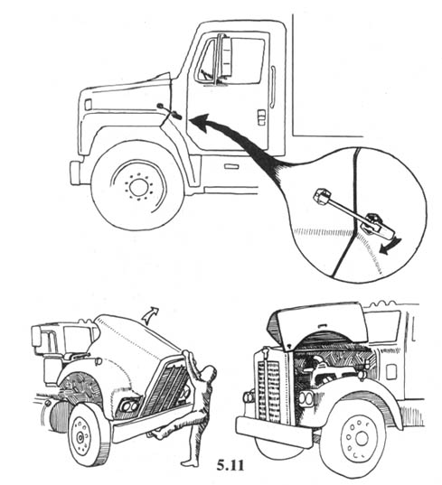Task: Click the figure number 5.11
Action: click(230, 465)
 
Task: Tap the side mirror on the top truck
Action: click(225, 57)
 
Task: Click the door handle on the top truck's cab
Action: click(261, 117)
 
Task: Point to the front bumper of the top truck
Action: click(76, 173)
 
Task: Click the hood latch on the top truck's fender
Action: click(170, 111)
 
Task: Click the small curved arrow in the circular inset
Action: click(390, 247)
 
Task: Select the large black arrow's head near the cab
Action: click(202, 123)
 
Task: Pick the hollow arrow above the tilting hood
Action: click(150, 314)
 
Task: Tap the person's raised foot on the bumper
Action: click(157, 434)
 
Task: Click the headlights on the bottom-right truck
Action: click(306, 399)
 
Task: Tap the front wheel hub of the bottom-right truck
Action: click(361, 438)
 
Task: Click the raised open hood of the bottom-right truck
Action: click(317, 324)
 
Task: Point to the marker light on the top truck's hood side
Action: click(89, 105)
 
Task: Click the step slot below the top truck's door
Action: click(231, 167)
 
